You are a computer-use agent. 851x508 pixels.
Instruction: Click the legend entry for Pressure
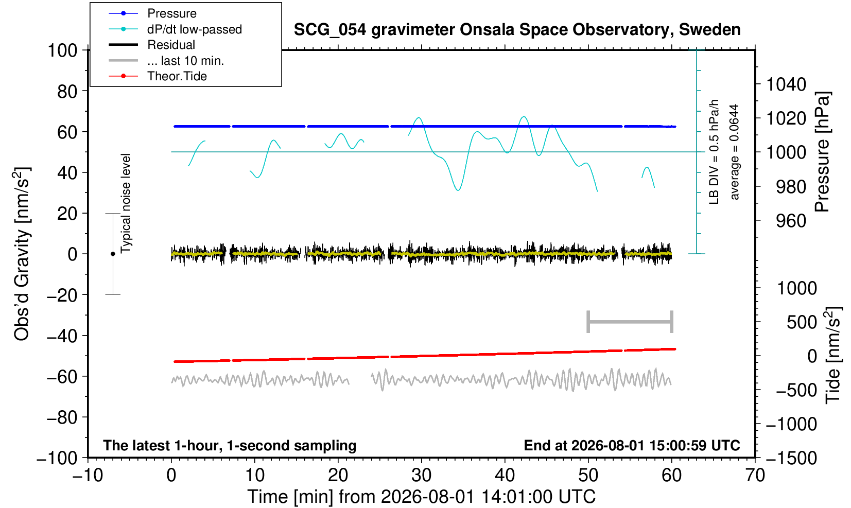tap(172, 13)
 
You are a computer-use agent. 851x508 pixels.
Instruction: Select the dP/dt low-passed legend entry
tap(195, 29)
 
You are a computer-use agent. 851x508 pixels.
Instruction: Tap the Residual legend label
tap(171, 45)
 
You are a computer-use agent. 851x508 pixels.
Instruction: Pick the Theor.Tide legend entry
tap(177, 76)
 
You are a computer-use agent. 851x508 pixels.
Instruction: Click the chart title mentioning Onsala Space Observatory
tap(517, 30)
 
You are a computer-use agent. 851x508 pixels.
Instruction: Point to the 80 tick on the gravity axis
tap(67, 92)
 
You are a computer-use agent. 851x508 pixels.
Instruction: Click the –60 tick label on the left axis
tap(62, 377)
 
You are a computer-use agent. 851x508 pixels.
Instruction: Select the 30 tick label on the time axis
tap(421, 476)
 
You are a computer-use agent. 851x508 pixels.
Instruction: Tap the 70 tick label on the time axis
tap(755, 476)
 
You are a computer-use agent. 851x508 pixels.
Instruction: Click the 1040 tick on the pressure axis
tap(786, 84)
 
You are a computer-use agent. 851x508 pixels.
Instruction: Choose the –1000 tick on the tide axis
tap(791, 424)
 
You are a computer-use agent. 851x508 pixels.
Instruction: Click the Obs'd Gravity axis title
tap(22, 254)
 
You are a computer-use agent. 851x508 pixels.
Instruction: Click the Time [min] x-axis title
tap(421, 497)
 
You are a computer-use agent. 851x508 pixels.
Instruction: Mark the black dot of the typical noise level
tap(113, 254)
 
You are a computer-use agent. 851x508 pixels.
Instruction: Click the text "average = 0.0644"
tap(735, 152)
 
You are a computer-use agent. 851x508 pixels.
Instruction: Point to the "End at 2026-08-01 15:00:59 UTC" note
tap(632, 445)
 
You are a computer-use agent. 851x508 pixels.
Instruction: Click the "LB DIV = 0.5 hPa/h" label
tap(714, 152)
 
